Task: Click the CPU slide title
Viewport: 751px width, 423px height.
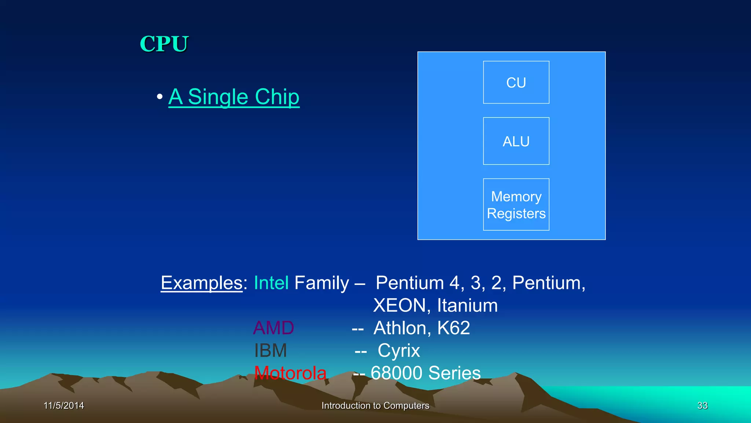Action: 164,44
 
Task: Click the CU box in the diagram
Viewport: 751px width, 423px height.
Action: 516,82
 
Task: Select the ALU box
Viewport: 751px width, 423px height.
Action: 516,141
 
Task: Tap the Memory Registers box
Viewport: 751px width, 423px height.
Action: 516,205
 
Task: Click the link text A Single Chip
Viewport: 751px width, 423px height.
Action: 234,97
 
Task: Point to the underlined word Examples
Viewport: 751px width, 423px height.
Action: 202,283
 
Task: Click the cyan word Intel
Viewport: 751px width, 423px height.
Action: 271,283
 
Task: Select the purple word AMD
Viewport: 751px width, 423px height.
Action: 274,328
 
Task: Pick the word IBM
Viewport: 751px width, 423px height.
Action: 271,350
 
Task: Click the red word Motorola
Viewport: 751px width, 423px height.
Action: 290,373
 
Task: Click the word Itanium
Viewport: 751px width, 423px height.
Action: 467,305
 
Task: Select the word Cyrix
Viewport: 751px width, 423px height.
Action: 399,350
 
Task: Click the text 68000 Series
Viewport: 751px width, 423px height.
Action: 425,373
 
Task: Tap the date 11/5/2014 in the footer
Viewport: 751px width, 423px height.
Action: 64,405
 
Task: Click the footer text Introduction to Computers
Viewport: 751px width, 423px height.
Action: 375,405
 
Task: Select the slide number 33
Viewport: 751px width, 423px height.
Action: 702,405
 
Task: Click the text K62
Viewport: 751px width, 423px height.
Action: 454,328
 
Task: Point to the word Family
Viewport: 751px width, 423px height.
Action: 322,283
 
